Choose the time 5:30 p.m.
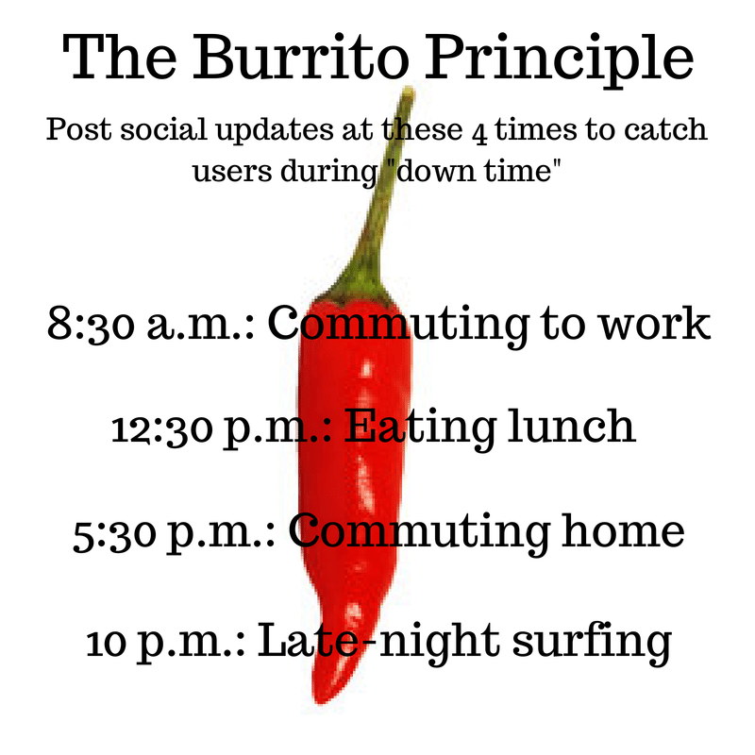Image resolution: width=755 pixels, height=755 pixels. coord(173,532)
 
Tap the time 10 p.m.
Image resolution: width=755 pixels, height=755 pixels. coord(165,644)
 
